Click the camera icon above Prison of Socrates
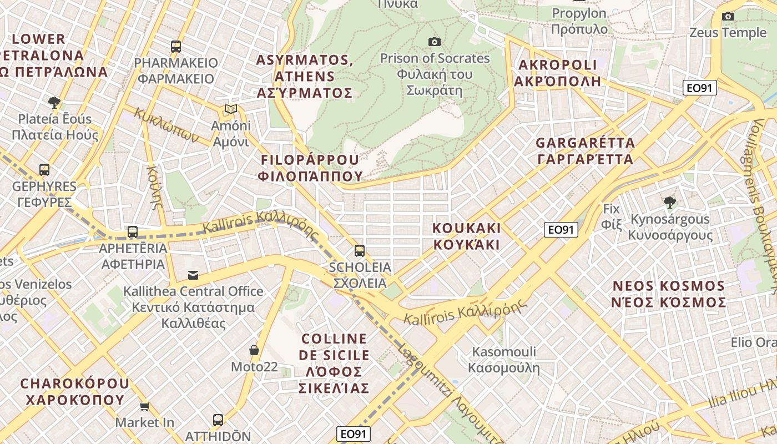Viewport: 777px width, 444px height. (x=435, y=42)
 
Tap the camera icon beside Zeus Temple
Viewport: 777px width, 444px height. (x=728, y=17)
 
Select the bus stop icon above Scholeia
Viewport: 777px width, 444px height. (x=360, y=251)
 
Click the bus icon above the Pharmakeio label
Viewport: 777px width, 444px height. (x=176, y=47)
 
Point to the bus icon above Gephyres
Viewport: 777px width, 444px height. (x=44, y=170)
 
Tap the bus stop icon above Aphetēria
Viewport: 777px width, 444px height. (x=133, y=232)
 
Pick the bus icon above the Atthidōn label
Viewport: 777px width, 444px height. (x=218, y=420)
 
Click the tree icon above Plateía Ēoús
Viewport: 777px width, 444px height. (x=54, y=102)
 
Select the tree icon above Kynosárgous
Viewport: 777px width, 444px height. (x=670, y=202)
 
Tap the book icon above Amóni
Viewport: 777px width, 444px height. (x=231, y=109)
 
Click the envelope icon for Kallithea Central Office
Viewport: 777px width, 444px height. (x=193, y=275)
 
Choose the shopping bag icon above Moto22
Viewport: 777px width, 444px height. (x=254, y=350)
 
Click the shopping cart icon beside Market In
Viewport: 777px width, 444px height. (x=145, y=406)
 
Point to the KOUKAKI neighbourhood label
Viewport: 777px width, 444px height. (x=466, y=236)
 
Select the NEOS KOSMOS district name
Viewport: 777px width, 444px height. (x=669, y=294)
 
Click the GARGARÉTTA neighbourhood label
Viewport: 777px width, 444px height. (x=585, y=151)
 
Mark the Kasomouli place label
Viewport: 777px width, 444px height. (x=504, y=359)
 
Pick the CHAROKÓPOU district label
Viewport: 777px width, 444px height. (x=75, y=391)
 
